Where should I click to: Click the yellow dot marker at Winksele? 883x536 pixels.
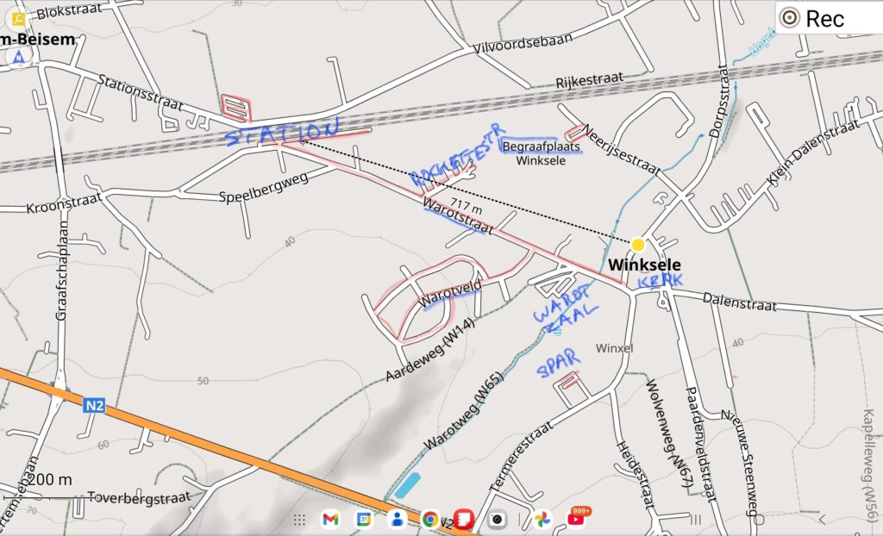tap(638, 245)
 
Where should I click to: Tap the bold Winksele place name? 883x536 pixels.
tap(645, 265)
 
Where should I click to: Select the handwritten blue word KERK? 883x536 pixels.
tap(661, 281)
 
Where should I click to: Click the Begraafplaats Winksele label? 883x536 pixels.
tap(542, 153)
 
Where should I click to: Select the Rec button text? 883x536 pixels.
tap(825, 18)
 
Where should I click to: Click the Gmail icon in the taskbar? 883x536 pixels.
tap(330, 519)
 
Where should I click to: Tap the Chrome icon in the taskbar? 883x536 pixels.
tap(430, 519)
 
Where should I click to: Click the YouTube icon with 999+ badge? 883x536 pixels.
tap(577, 518)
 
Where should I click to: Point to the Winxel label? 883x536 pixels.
tap(615, 348)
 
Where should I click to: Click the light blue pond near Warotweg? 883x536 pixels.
tap(406, 485)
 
